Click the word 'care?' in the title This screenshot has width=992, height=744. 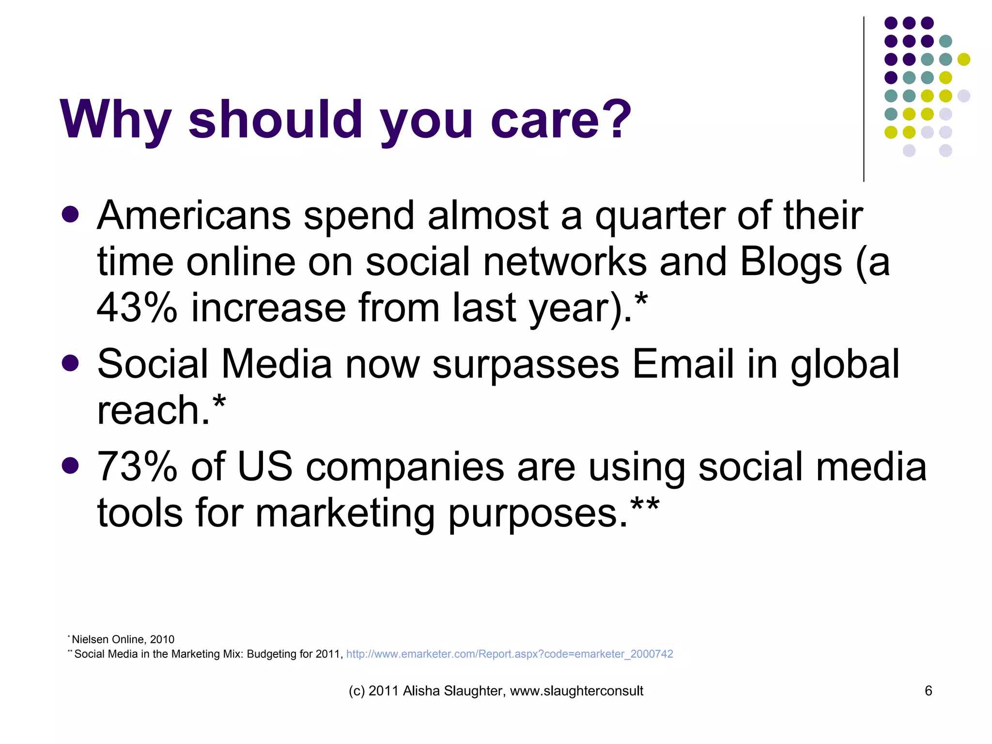(x=561, y=120)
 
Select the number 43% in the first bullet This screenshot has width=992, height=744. (x=137, y=308)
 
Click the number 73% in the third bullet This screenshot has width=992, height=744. (x=137, y=466)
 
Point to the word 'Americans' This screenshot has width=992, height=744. (x=194, y=216)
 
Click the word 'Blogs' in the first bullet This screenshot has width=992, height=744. (x=790, y=263)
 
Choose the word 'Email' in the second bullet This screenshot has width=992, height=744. (x=683, y=364)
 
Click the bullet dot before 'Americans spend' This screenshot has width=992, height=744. (x=71, y=214)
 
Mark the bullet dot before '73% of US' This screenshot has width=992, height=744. (x=71, y=465)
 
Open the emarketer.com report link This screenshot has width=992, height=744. (x=509, y=654)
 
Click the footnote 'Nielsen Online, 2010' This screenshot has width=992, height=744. (x=123, y=639)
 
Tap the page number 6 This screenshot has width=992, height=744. (x=928, y=691)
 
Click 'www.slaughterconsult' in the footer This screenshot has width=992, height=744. (x=576, y=691)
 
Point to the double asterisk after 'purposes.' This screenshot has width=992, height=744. (x=645, y=505)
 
